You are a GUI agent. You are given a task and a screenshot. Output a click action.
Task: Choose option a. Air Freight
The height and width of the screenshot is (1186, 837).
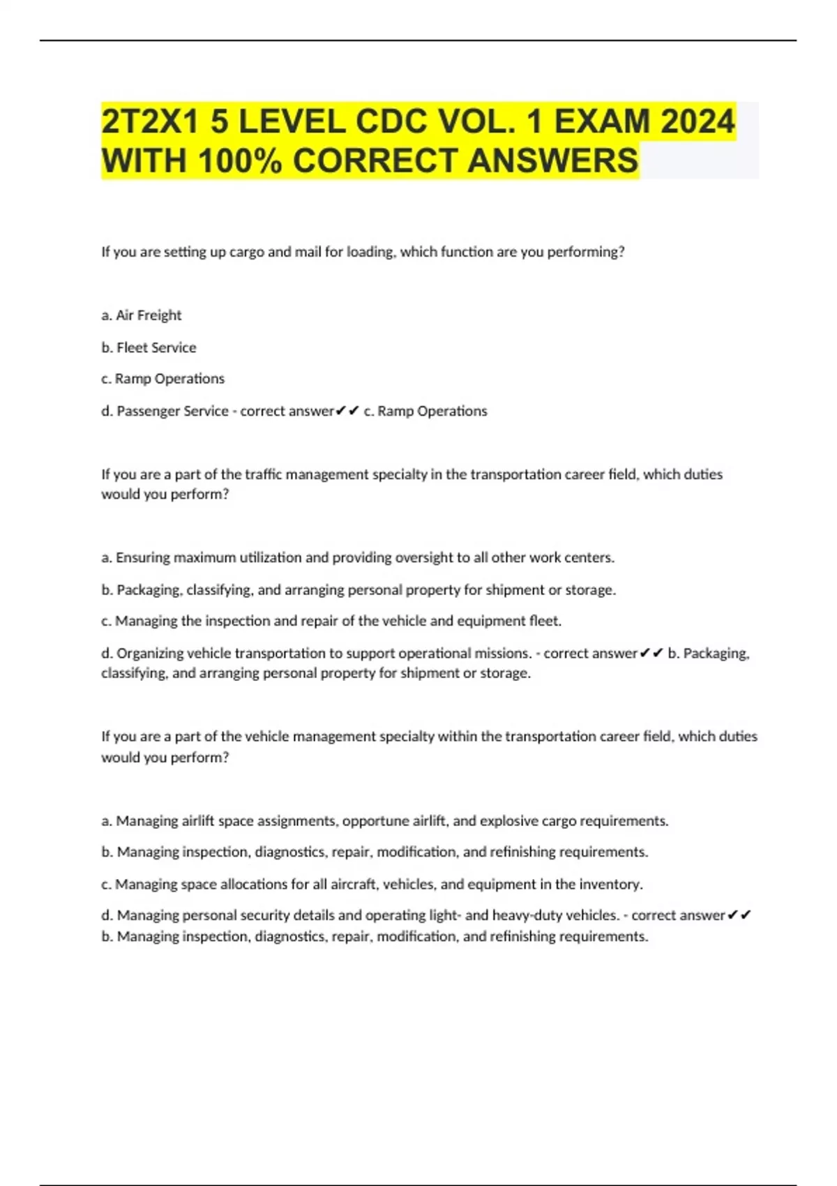click(x=142, y=315)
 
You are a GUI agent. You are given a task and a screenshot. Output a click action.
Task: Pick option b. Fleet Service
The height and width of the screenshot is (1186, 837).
click(x=149, y=347)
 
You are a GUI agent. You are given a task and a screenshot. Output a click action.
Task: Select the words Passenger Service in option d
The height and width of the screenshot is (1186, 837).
click(x=172, y=411)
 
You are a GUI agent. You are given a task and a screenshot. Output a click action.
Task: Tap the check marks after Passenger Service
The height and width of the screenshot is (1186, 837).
click(x=347, y=411)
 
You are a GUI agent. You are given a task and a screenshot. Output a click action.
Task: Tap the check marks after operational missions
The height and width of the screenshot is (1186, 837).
click(x=651, y=653)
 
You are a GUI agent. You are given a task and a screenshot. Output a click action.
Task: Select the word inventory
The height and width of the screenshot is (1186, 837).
click(x=611, y=884)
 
